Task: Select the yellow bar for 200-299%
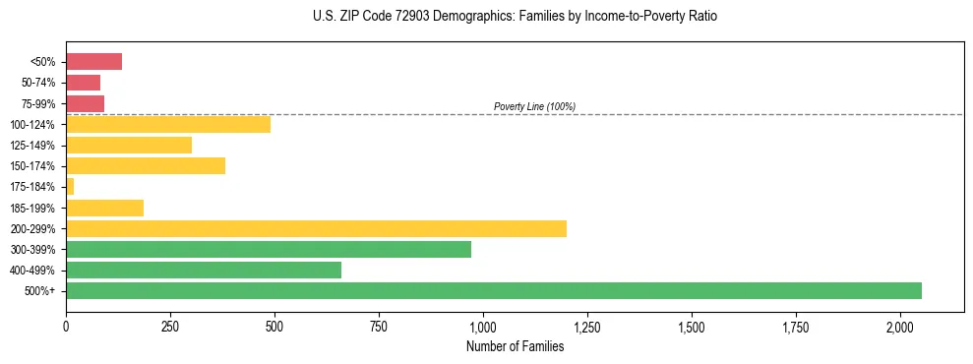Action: [x=316, y=228]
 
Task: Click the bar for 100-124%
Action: [x=168, y=124]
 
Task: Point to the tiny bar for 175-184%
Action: [x=70, y=186]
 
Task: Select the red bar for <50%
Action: [x=94, y=62]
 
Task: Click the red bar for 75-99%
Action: [x=86, y=103]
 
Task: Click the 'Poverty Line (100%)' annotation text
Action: [x=534, y=106]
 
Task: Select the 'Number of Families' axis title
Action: [x=515, y=346]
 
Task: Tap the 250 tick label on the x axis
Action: [x=170, y=326]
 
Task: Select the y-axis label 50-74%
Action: [x=39, y=83]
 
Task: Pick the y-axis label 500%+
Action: [x=42, y=291]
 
